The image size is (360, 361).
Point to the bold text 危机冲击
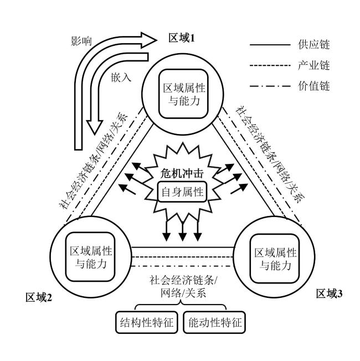(179, 173)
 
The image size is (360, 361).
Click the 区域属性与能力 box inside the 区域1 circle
(179, 94)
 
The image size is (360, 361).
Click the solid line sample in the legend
(270, 45)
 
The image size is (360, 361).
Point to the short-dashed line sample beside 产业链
(270, 65)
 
